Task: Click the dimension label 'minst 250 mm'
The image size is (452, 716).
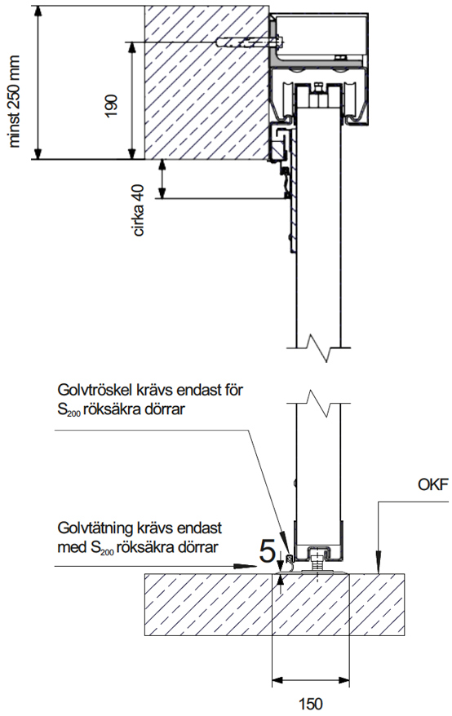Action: point(15,101)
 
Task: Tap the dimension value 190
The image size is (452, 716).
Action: point(112,106)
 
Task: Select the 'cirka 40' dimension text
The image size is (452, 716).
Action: point(139,210)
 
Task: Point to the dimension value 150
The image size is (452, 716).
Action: point(310,703)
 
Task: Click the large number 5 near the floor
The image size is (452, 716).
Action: point(267,550)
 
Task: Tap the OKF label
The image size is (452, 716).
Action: point(432,484)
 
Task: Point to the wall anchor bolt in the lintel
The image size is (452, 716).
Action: point(249,43)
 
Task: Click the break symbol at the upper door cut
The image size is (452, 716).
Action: point(319,348)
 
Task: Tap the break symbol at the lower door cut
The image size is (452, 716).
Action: point(319,403)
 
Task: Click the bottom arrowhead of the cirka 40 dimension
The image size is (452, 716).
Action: point(162,192)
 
